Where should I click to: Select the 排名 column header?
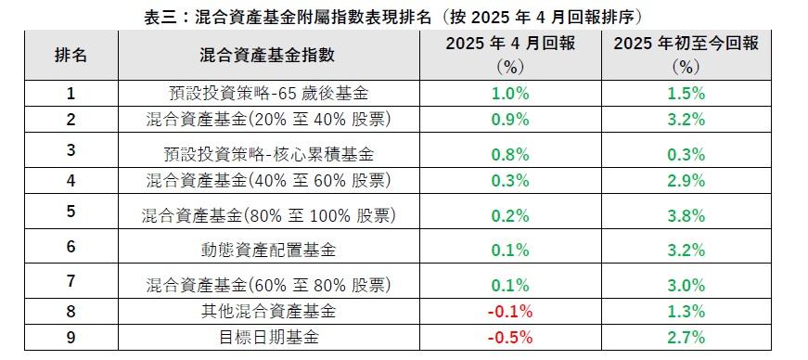pos(71,55)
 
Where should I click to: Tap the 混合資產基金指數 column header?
pos(267,55)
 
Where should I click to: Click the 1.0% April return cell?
pos(511,94)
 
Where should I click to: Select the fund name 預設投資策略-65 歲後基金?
pos(267,94)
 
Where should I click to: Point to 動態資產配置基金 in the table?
pos(267,249)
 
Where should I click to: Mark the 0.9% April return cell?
pos(511,119)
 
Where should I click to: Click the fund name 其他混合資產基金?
pos(267,310)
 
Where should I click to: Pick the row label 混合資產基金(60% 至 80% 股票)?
pos(267,284)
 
